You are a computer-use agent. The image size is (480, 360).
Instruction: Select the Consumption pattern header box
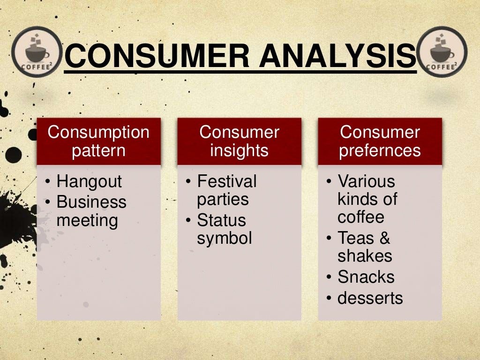(x=98, y=141)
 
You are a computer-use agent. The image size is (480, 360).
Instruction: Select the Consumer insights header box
(x=239, y=141)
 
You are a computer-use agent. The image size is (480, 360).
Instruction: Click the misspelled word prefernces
(x=380, y=151)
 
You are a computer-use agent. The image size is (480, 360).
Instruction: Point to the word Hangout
(x=89, y=181)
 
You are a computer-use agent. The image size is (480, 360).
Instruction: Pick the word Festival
(x=227, y=181)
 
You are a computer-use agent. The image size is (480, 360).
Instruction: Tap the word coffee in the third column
(x=360, y=217)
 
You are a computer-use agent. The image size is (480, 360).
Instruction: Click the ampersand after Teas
(x=384, y=238)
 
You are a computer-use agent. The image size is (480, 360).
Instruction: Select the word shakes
(x=365, y=256)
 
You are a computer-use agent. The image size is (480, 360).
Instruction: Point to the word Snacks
(x=366, y=277)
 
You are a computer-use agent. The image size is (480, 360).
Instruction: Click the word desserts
(x=370, y=298)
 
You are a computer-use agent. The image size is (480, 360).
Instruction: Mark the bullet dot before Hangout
(x=49, y=182)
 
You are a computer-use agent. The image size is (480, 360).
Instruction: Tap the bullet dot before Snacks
(x=330, y=277)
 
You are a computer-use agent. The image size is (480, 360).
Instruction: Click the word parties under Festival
(x=223, y=199)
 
